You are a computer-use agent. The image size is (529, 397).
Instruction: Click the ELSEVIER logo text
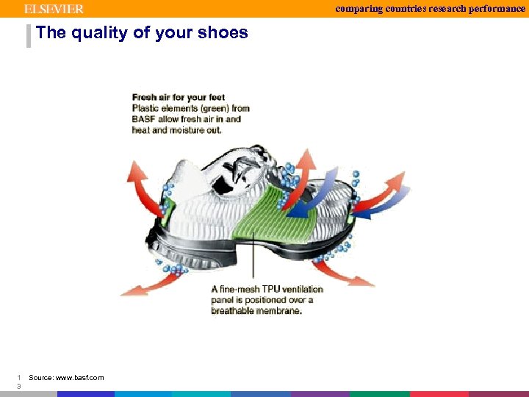click(x=54, y=9)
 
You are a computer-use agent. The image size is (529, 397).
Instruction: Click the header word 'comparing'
click(x=361, y=8)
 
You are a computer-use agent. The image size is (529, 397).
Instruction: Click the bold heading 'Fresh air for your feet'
click(x=178, y=97)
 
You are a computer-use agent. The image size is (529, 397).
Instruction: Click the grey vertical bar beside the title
click(x=29, y=35)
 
